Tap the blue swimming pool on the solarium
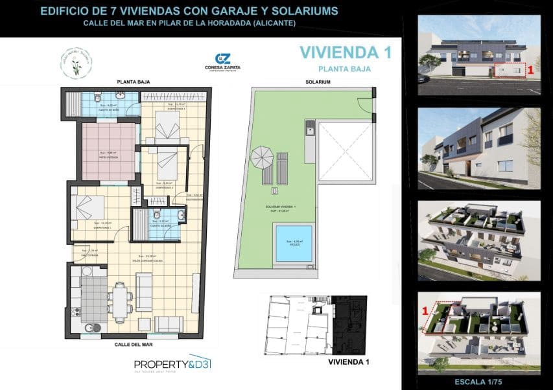click(x=293, y=242)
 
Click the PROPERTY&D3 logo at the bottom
click(x=163, y=363)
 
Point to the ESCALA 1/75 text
click(x=480, y=381)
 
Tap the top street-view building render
click(x=479, y=54)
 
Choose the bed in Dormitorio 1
click(x=88, y=208)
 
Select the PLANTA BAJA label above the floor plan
click(x=134, y=82)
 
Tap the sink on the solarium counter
click(x=309, y=125)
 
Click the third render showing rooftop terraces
click(x=479, y=240)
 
